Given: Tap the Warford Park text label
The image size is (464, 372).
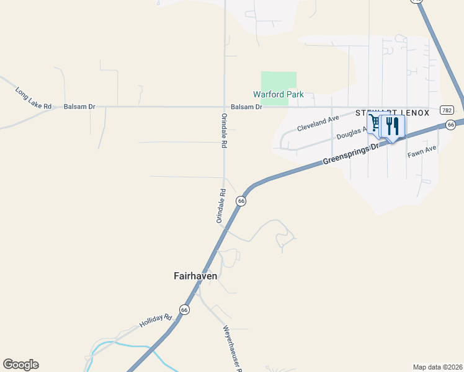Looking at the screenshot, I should tap(278, 95).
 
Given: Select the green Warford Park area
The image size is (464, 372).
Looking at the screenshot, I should tap(279, 82).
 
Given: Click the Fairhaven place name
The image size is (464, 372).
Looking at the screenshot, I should tap(195, 276).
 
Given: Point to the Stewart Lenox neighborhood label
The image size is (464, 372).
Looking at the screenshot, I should tap(392, 113).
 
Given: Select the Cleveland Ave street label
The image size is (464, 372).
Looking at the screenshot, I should tap(318, 123).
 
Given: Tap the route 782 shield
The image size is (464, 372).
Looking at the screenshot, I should tap(447, 110).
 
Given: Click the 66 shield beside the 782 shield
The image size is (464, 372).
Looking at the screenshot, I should tap(451, 125).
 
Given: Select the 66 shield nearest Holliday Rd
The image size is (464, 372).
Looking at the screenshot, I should tap(184, 309).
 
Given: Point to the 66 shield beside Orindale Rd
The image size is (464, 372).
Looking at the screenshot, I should tap(241, 201).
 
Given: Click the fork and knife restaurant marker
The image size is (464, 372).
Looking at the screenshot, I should tap(392, 126).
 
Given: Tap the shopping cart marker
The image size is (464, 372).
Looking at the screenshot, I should tap(374, 122).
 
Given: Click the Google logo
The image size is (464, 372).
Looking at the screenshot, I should tap(20, 365).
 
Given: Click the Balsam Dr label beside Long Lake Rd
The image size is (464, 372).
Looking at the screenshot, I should tap(79, 107).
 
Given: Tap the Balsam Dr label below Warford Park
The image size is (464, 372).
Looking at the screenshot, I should tap(246, 107).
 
